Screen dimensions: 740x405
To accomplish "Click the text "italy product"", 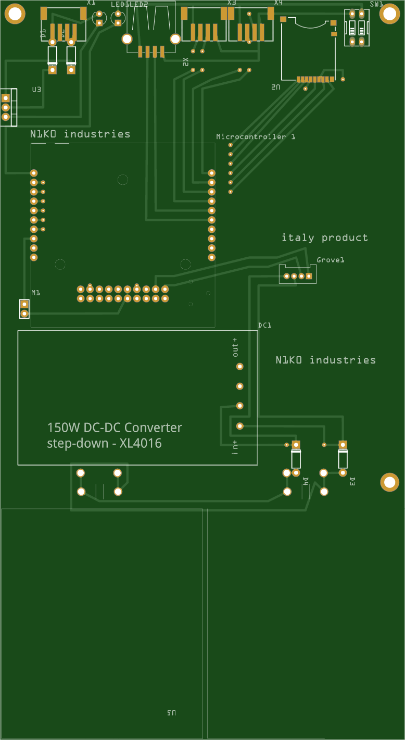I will [x=324, y=238].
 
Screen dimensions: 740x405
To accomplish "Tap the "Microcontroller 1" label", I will [x=256, y=136].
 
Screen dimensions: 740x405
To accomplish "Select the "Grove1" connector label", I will [x=331, y=260].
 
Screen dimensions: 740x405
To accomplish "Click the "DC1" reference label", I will [x=264, y=325].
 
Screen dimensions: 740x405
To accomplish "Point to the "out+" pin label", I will [x=235, y=347].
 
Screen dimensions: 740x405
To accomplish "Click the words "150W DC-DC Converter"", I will [x=115, y=428].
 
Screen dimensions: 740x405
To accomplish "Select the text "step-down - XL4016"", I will [x=104, y=444].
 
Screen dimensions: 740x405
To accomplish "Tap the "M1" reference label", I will [x=35, y=293].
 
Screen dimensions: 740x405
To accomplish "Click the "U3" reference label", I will [x=36, y=90].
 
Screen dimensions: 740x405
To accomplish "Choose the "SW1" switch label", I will [x=376, y=4].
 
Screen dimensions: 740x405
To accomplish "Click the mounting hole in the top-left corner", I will [x=15, y=14].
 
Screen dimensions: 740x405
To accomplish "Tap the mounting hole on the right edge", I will [x=389, y=482].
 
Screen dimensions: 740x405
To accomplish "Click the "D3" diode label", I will [x=352, y=481].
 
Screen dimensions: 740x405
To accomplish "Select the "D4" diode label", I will [x=306, y=481].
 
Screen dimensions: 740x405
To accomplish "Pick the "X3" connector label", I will [x=232, y=3].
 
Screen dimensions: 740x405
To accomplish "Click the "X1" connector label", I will [x=91, y=3].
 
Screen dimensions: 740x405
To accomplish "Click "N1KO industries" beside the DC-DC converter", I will [x=325, y=360].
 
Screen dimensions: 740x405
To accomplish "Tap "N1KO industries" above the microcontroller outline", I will [x=80, y=134].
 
